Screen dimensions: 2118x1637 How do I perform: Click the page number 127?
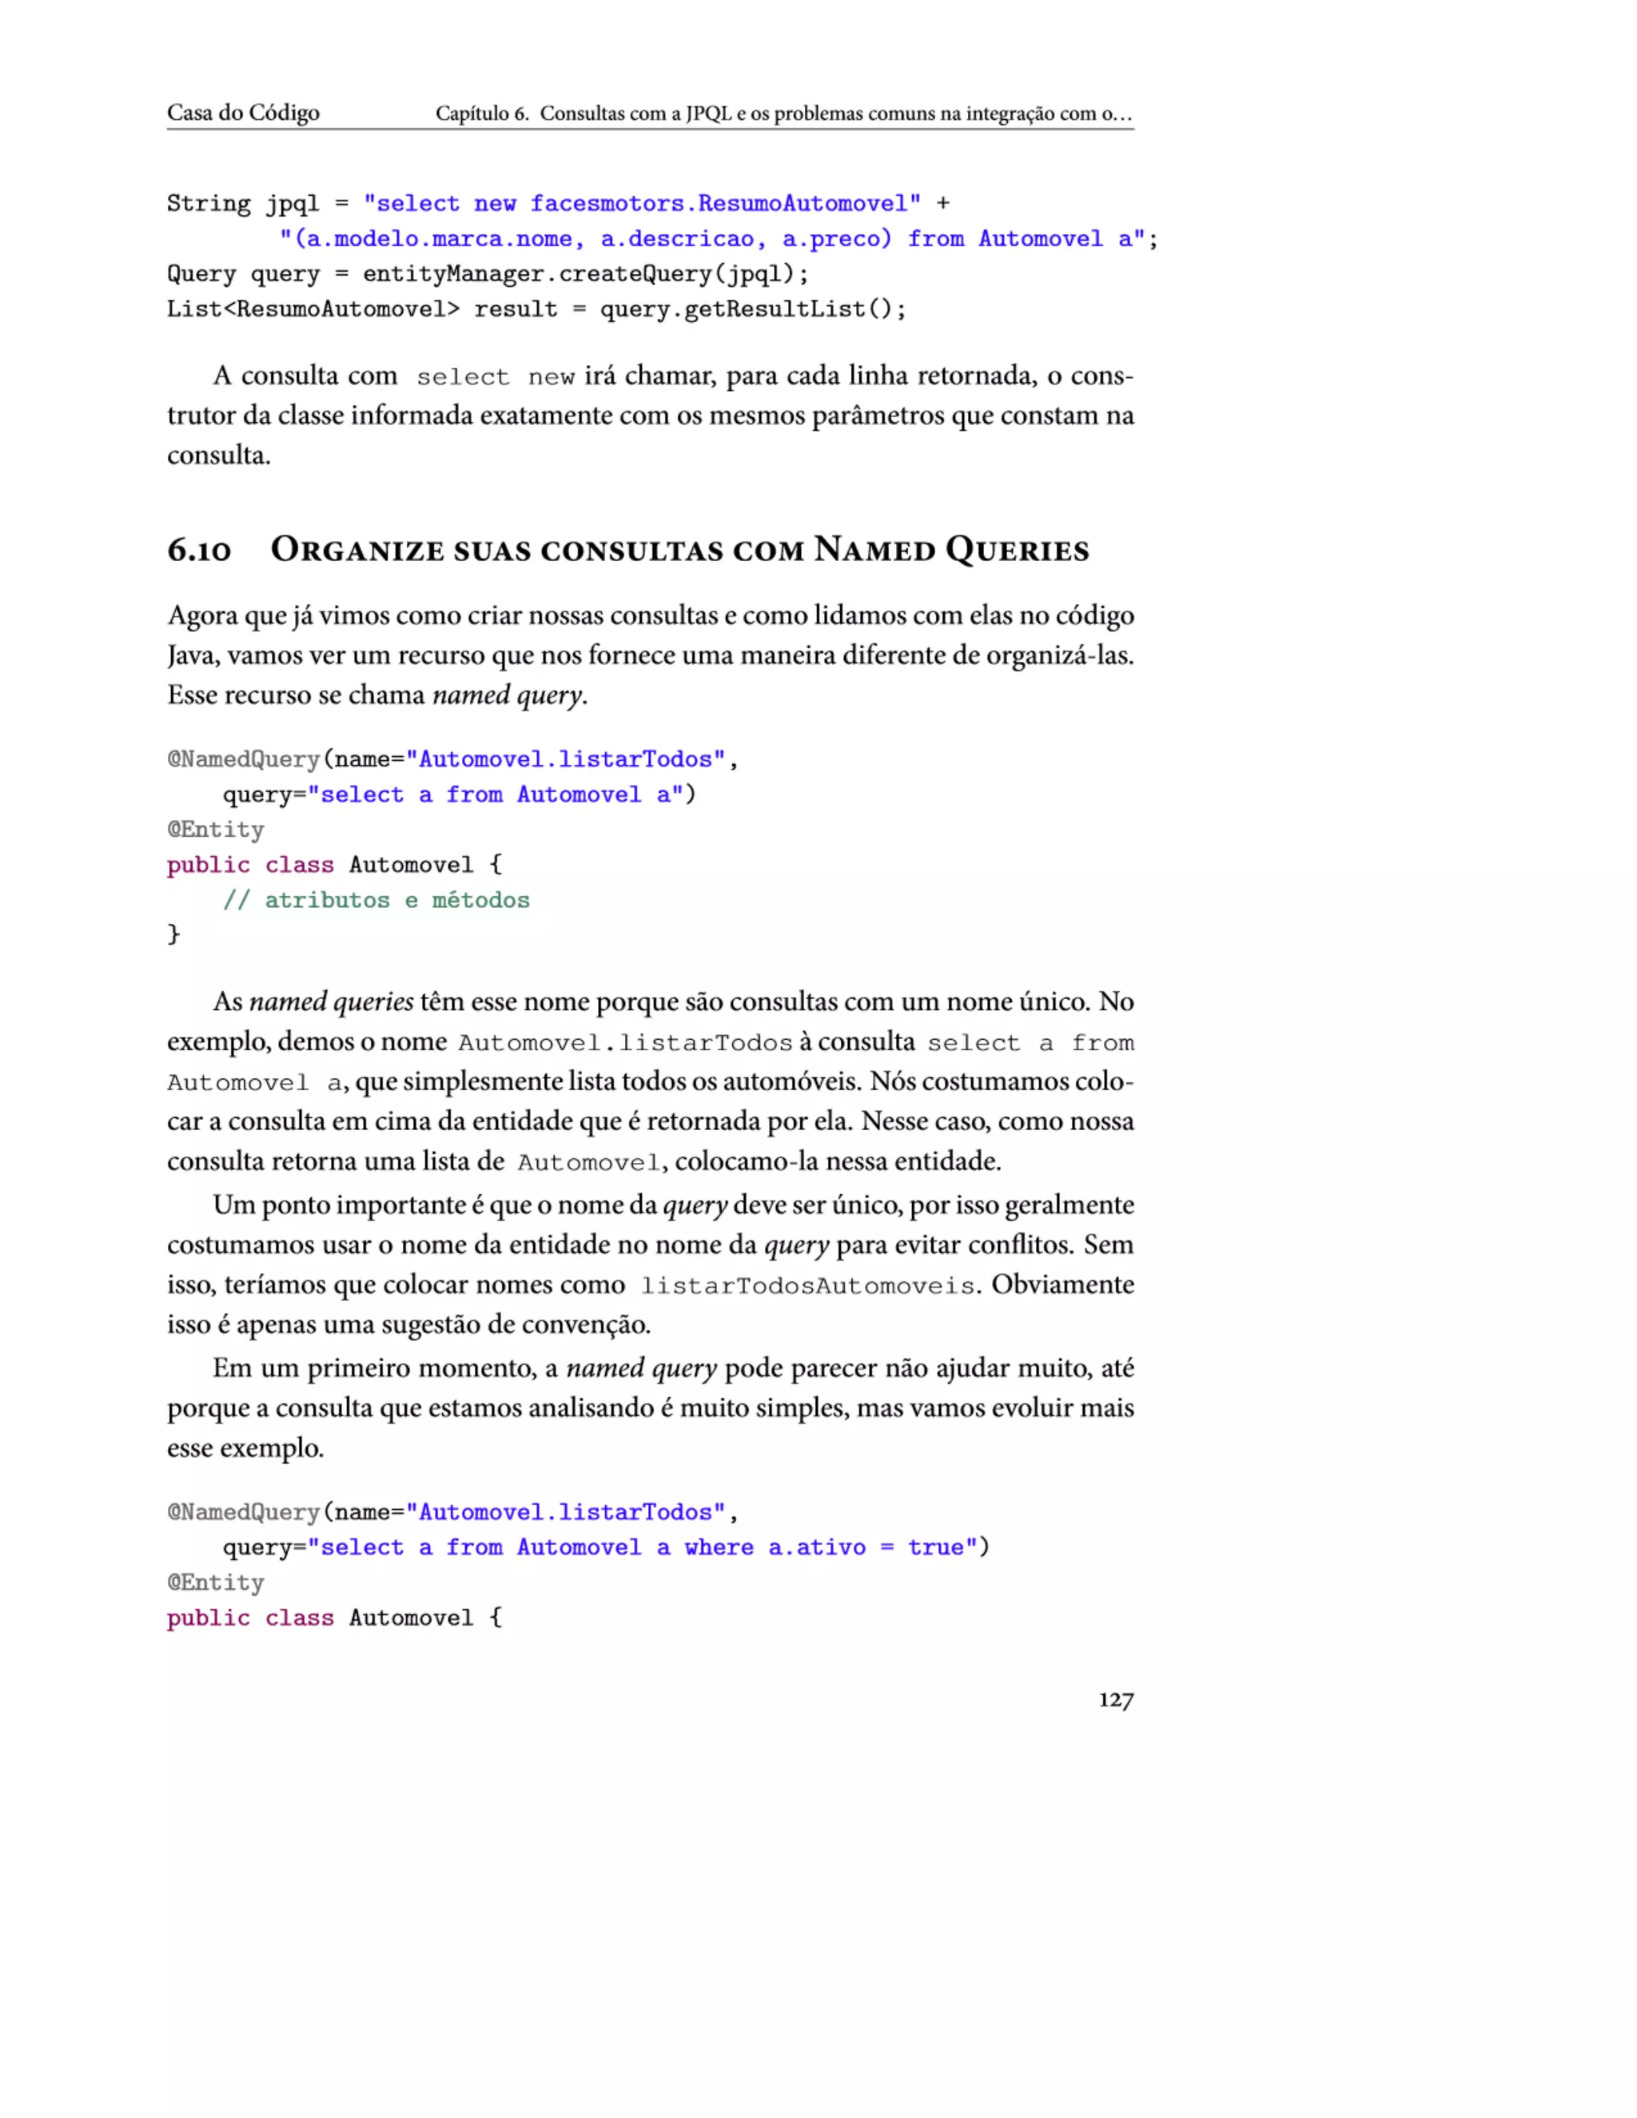point(1115,1700)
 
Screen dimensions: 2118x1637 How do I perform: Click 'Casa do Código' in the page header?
point(242,113)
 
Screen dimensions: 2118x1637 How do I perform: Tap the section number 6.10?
point(199,550)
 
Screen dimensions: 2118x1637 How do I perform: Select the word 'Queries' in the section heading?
point(1018,550)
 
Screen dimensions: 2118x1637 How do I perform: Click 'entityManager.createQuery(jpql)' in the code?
point(585,274)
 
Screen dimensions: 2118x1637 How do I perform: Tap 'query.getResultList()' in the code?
point(752,309)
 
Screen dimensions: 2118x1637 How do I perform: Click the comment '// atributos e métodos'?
point(376,900)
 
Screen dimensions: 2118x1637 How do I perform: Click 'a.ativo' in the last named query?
point(817,1548)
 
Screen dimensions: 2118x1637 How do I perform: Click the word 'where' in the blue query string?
point(718,1548)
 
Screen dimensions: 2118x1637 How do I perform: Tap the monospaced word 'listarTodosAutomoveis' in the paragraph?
point(807,1286)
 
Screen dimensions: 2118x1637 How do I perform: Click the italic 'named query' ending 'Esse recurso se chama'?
point(508,695)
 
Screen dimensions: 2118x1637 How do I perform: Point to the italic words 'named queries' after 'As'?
point(331,1001)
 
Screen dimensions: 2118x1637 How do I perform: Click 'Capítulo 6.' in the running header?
point(481,113)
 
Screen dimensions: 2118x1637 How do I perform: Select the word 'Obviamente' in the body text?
point(1062,1285)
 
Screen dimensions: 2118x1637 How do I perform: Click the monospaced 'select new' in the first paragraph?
point(495,376)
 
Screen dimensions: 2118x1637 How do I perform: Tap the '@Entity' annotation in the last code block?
point(215,1583)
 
